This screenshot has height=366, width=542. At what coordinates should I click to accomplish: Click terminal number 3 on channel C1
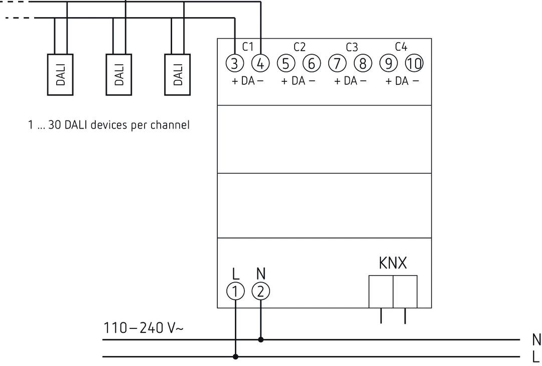click(x=234, y=64)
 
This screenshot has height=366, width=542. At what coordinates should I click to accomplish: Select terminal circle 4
click(x=260, y=64)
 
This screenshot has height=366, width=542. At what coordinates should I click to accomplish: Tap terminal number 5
click(x=286, y=64)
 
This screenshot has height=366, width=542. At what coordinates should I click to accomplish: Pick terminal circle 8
click(x=363, y=64)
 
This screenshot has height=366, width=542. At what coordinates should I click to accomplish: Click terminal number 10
click(x=414, y=64)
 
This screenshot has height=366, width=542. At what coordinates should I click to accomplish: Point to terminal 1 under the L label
click(x=235, y=291)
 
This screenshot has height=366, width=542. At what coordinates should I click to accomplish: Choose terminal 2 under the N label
click(x=260, y=291)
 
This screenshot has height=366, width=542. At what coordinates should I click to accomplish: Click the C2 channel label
click(x=299, y=47)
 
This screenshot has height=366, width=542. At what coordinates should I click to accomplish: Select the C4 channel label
click(x=401, y=47)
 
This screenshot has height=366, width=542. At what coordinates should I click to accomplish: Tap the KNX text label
click(x=392, y=263)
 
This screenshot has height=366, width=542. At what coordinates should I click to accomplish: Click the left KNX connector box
click(x=381, y=291)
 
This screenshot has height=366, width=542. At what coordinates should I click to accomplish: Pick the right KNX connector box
click(x=405, y=291)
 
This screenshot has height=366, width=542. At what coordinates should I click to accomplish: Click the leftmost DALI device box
click(x=60, y=74)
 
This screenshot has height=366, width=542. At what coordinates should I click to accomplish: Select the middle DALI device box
click(x=119, y=74)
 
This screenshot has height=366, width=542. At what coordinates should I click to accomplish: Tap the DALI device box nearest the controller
click(x=178, y=74)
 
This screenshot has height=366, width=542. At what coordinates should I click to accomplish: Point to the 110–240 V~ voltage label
click(x=144, y=328)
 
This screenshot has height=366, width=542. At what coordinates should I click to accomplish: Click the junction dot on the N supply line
click(x=260, y=340)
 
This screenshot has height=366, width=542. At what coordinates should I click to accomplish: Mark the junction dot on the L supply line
click(x=235, y=357)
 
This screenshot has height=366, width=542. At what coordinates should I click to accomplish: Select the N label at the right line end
click(x=536, y=340)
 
